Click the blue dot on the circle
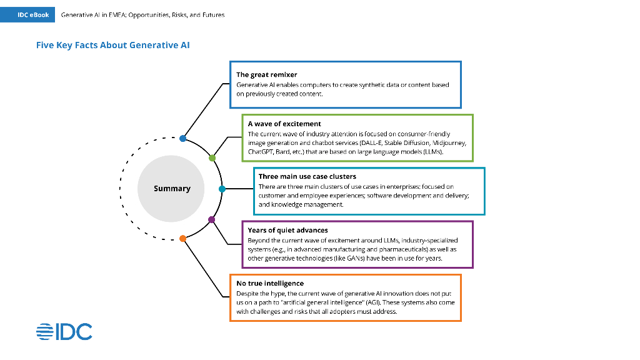(182, 138)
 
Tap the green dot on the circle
(212, 158)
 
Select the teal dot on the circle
(222, 188)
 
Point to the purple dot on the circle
(211, 219)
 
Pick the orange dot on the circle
(182, 238)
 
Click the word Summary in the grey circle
(172, 188)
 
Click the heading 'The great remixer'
(266, 74)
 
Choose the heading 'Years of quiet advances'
(287, 230)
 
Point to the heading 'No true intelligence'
(270, 283)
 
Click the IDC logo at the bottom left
(64, 332)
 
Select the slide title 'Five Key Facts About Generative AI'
(113, 45)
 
